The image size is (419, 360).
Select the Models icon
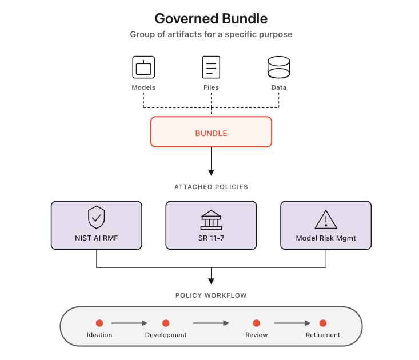pos(143,67)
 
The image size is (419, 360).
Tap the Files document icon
pos(211,67)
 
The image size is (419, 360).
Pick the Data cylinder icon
pos(279,67)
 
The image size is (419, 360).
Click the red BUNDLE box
pos(211,133)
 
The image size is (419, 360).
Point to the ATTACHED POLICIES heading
pos(211,187)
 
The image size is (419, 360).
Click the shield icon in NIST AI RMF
pos(96,218)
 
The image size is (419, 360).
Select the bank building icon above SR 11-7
pos(211,219)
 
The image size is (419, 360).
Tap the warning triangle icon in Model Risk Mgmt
pos(326,218)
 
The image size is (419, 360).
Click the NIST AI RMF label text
pos(96,238)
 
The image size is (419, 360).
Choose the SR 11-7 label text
pos(211,238)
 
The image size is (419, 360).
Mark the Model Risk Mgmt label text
pos(326,238)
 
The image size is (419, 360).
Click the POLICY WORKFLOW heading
pos(211,295)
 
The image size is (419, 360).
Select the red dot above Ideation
pos(99,323)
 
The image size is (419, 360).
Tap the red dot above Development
pos(166,323)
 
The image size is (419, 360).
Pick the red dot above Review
pos(257,323)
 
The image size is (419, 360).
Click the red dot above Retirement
pos(323,323)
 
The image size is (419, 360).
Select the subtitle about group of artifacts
pos(211,34)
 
